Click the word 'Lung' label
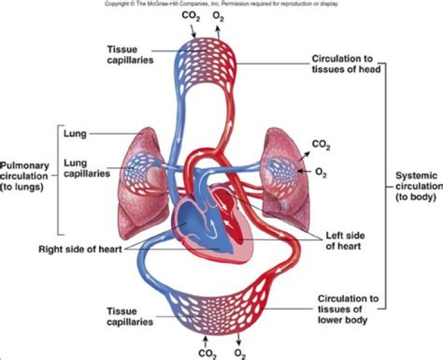click(x=74, y=132)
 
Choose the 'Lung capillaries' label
click(x=86, y=167)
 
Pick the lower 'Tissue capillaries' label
click(x=130, y=316)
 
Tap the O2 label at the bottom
click(x=241, y=353)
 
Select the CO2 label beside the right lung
click(x=321, y=145)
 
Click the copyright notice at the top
click(x=221, y=3)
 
